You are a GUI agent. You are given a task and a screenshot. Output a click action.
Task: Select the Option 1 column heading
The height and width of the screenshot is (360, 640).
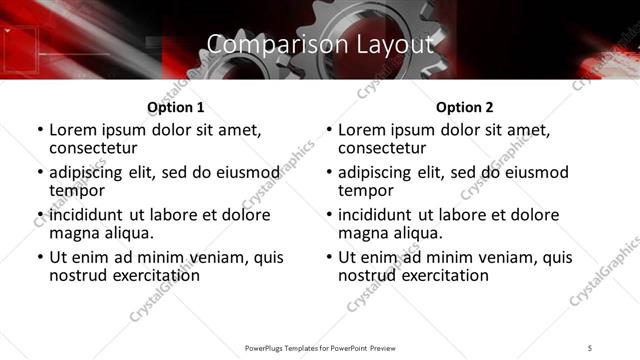pos(175,107)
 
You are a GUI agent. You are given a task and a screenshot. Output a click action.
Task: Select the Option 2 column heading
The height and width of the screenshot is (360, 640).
pos(464,107)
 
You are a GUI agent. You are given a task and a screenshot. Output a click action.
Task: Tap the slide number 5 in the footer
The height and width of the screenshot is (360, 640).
pos(591,347)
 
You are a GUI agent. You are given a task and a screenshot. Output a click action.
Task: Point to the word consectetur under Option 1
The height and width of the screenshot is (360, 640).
pos(95,148)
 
